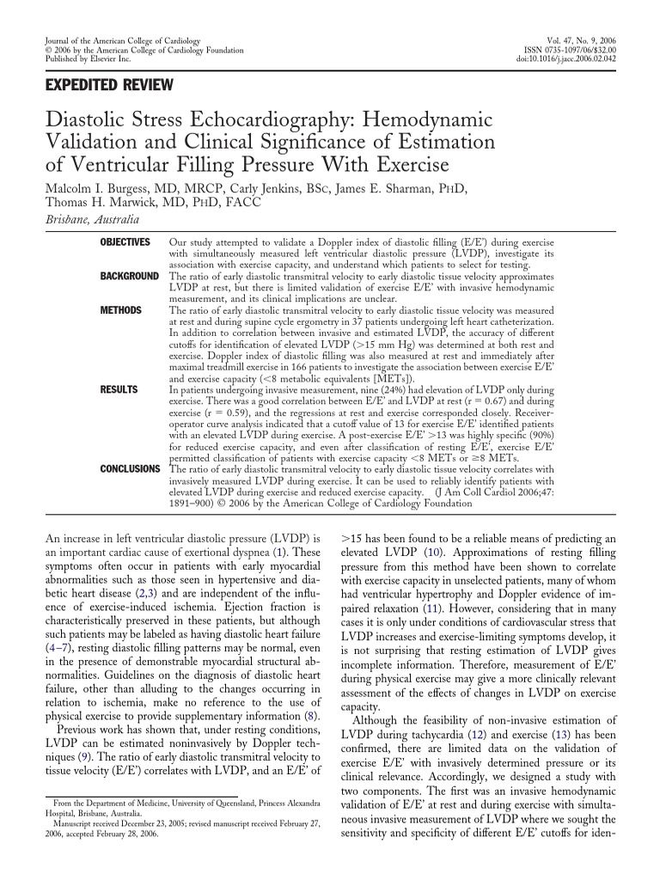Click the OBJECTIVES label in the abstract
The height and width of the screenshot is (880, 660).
125,243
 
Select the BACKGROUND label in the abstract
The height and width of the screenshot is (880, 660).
130,277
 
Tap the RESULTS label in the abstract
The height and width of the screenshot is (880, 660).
119,389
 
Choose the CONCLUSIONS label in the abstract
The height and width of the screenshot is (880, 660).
130,468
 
